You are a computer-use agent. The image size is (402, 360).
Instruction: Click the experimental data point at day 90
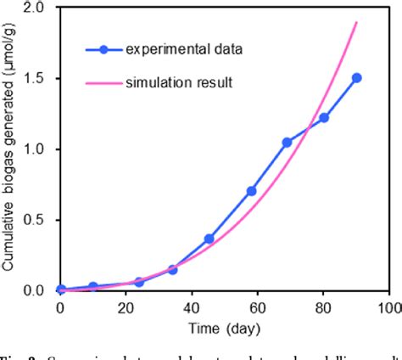(356, 77)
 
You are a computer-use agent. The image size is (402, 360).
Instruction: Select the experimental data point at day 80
(324, 117)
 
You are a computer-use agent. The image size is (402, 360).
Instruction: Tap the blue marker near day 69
(287, 143)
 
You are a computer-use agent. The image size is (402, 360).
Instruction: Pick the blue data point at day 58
(251, 191)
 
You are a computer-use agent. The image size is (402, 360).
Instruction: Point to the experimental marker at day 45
(209, 239)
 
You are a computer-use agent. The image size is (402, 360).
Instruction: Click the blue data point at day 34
(172, 269)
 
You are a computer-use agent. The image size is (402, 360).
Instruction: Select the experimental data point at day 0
(60, 290)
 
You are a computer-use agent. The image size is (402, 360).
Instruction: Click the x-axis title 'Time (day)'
(226, 327)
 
